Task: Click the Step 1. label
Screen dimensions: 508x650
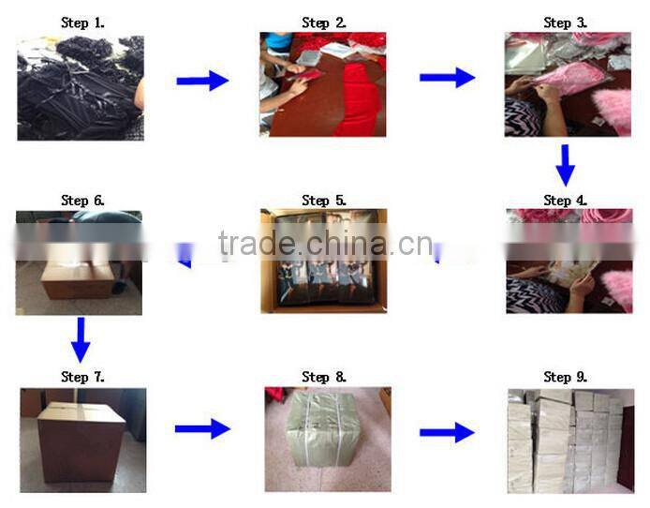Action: [82, 22]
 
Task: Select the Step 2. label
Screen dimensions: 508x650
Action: [324, 22]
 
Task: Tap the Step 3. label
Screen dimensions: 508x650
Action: [565, 22]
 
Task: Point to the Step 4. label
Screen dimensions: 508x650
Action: [565, 201]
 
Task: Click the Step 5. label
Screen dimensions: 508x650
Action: [324, 201]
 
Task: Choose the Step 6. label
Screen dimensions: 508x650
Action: [82, 201]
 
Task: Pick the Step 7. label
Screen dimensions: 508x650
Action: [82, 377]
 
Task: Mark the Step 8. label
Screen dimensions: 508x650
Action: [324, 377]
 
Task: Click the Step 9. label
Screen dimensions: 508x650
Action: [565, 377]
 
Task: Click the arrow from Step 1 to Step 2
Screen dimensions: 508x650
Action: [202, 81]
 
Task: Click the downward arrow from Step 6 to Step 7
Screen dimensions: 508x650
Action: [81, 339]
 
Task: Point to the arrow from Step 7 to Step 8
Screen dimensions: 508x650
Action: [202, 429]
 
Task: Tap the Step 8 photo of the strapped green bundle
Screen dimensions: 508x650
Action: [327, 440]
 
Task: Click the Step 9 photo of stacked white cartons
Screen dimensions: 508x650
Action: [569, 441]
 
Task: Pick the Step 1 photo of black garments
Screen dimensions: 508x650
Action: [81, 88]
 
